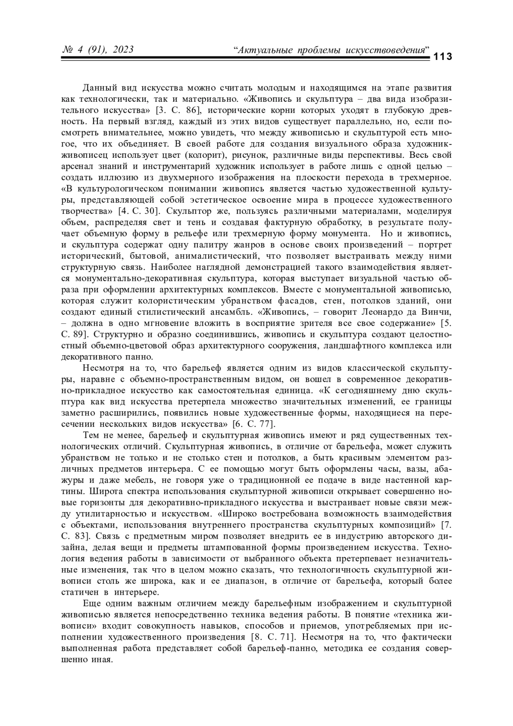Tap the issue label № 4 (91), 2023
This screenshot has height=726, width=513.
point(98,50)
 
